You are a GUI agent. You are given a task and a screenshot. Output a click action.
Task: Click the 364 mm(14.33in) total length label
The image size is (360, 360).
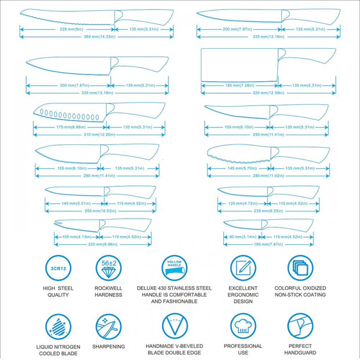(x=99, y=37)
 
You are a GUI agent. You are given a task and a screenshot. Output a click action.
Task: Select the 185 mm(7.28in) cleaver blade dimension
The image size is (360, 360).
(x=239, y=85)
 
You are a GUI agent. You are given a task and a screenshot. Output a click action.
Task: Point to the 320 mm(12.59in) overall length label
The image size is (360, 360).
(x=269, y=93)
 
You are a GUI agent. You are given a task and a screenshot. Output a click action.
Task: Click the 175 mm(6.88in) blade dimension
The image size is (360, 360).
(x=71, y=127)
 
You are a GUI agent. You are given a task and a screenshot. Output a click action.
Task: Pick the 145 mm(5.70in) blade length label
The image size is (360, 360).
(x=242, y=168)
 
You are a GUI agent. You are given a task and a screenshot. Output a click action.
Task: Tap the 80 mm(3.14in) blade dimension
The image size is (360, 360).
(x=243, y=237)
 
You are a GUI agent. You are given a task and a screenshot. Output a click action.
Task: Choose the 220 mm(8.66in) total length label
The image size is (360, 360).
(x=103, y=244)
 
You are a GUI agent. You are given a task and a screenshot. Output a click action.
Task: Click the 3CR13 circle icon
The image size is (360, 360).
(x=58, y=268)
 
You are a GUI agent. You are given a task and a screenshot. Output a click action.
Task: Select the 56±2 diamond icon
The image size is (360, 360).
(x=109, y=268)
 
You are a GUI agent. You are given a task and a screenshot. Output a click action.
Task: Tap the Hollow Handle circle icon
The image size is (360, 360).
(x=175, y=268)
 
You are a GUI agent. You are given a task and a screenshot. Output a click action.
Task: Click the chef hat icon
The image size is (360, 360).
(x=243, y=326)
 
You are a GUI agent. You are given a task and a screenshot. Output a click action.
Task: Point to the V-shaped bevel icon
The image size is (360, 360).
(x=175, y=326)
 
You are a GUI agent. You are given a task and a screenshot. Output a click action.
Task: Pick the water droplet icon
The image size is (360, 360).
(x=58, y=327)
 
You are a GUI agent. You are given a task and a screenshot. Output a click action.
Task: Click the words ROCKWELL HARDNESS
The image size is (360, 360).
(x=108, y=292)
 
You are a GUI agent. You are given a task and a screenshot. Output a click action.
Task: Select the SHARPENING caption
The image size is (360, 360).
(x=109, y=346)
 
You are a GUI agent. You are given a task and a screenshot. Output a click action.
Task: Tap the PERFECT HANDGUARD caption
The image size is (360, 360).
(x=300, y=350)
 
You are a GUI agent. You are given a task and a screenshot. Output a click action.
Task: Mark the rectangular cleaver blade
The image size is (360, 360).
(x=239, y=65)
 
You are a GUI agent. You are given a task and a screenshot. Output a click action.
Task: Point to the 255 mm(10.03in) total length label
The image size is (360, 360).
(x=100, y=211)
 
